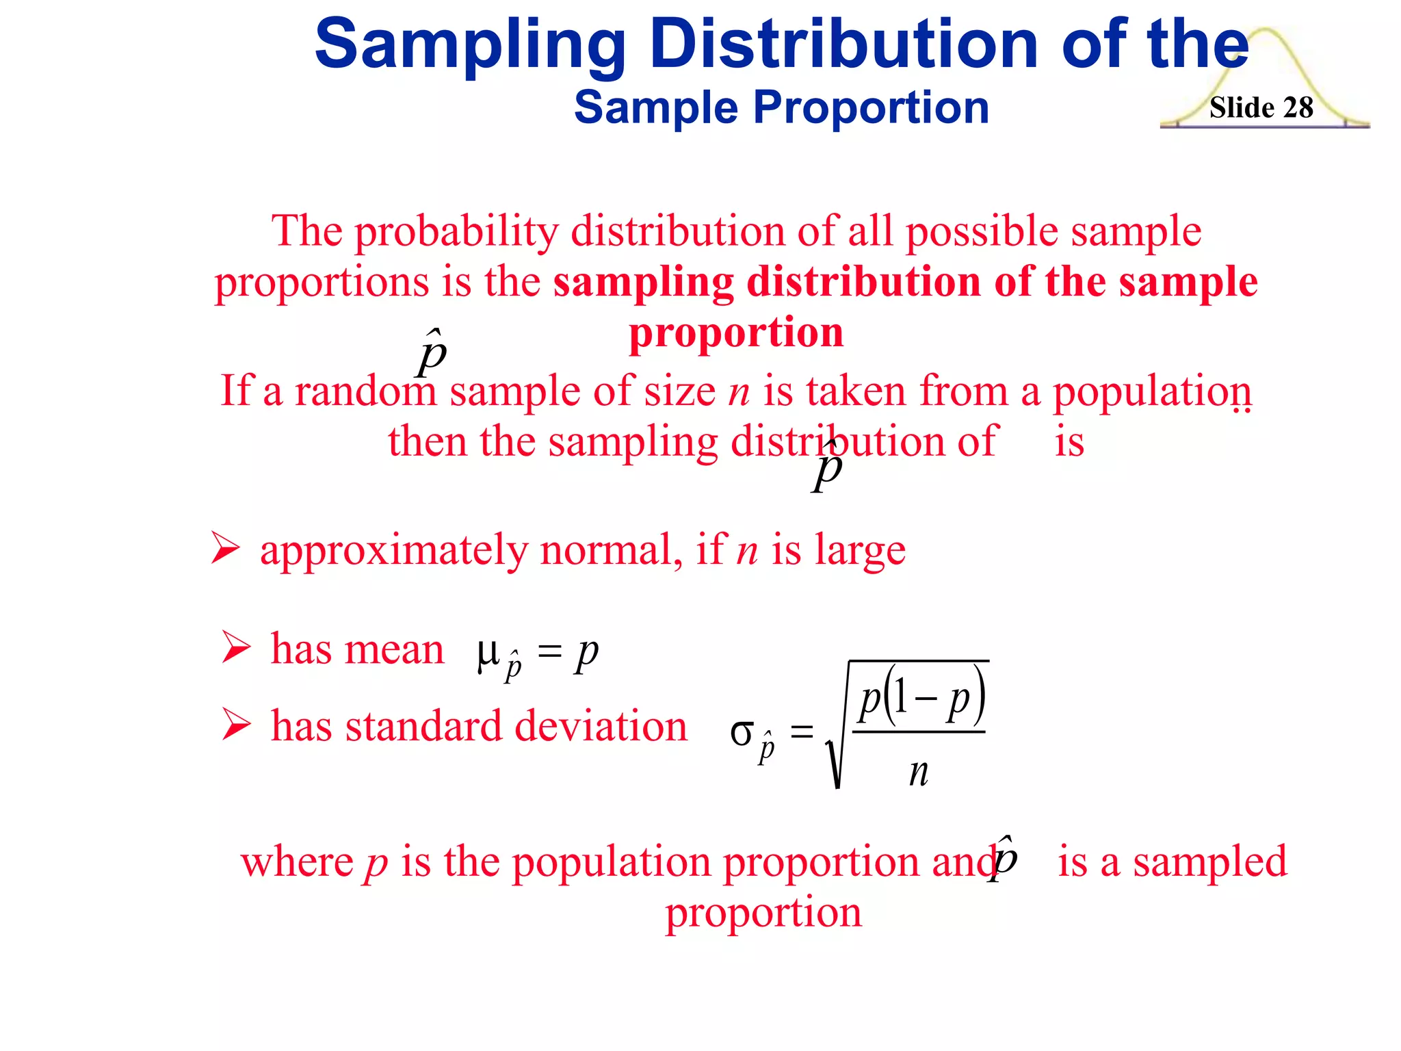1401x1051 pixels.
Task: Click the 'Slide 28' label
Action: coord(1261,107)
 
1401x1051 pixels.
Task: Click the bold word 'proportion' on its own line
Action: coord(736,333)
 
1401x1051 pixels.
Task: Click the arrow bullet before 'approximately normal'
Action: coord(225,548)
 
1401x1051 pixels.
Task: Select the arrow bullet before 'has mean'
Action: coord(236,647)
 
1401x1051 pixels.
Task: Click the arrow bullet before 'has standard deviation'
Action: coord(236,724)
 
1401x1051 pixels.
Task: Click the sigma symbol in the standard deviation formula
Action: coord(742,733)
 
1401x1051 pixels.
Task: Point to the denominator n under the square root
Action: coord(919,773)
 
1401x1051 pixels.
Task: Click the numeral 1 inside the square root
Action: coord(901,699)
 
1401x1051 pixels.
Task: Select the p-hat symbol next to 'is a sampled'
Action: coord(1004,858)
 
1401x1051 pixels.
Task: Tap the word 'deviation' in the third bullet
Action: coord(600,726)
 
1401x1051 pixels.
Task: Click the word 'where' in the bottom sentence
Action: coord(296,861)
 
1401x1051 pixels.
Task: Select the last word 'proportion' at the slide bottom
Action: coord(763,912)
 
